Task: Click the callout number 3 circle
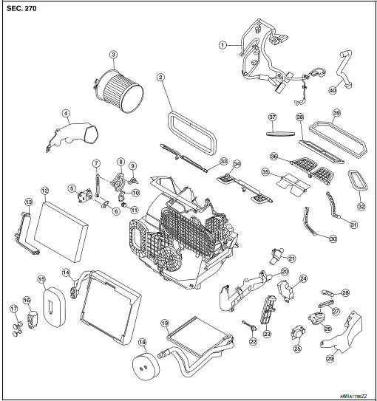coord(113,53)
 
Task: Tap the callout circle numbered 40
coord(332,90)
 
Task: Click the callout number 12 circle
coord(44,190)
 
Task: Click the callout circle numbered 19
coord(166,323)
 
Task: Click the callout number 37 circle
coord(271,117)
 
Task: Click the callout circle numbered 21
coord(291,258)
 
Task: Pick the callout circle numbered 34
coord(237,164)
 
